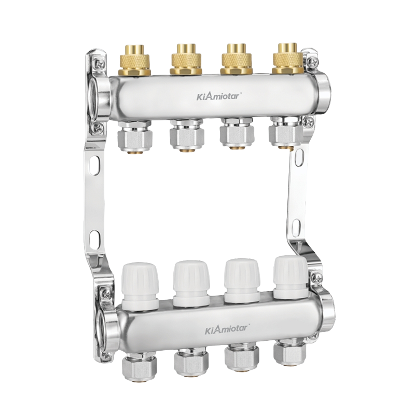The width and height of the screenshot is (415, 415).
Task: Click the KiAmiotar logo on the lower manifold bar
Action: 227,329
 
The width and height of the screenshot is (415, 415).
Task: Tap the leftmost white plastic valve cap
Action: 140,286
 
